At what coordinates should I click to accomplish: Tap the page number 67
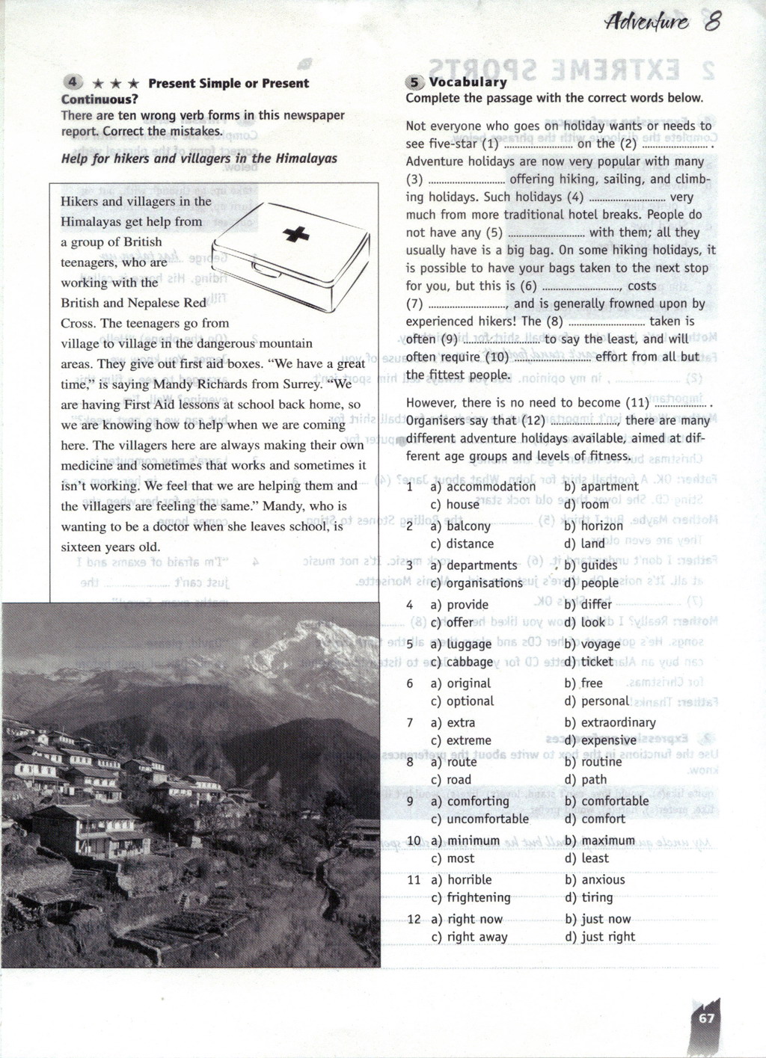707,1018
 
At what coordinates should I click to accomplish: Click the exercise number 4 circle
72,82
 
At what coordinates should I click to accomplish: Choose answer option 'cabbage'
470,662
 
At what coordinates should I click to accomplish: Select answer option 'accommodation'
491,487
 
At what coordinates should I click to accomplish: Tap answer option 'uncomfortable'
488,819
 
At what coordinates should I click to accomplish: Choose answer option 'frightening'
479,897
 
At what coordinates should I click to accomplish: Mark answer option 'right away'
477,937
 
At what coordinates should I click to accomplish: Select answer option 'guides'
599,566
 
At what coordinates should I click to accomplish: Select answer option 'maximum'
607,840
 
